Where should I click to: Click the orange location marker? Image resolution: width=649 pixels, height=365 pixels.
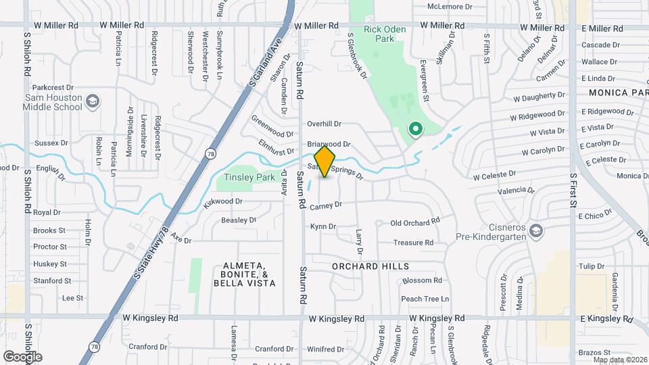[x=324, y=162]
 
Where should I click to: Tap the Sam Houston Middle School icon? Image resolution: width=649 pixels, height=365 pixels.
[x=93, y=102]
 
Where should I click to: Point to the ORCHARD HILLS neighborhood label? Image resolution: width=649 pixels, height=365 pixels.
[x=370, y=266]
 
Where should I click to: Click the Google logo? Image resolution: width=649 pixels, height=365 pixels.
[x=22, y=356]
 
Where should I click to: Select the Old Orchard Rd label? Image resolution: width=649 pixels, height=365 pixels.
[x=415, y=221]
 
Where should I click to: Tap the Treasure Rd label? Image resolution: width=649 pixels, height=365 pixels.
[x=413, y=243]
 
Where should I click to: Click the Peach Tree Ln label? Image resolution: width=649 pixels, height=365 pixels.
[x=425, y=299]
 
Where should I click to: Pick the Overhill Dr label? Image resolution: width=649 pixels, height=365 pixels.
[x=324, y=124]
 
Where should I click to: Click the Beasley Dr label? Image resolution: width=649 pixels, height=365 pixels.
[x=239, y=220]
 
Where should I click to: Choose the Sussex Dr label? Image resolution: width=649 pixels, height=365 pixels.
[x=51, y=143]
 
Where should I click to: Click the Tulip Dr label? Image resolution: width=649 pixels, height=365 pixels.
[x=592, y=266]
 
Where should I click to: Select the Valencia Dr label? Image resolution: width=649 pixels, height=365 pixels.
[x=511, y=191]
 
